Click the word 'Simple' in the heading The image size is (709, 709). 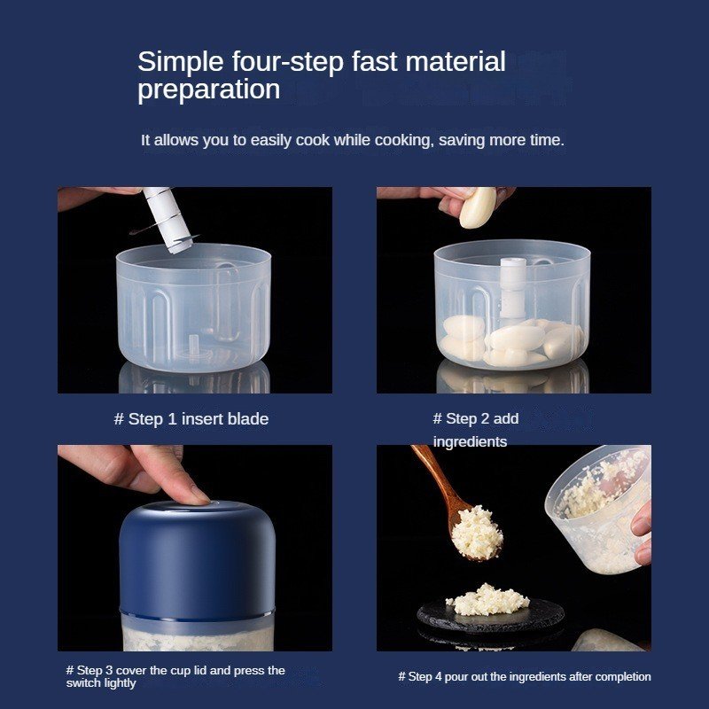click(181, 62)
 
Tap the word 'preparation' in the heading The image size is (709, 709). click(209, 90)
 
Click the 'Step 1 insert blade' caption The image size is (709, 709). click(191, 419)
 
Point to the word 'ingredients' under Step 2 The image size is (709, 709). click(470, 441)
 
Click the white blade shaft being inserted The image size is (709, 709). click(168, 219)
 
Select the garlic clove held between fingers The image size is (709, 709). click(478, 207)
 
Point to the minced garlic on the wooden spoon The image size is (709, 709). click(477, 534)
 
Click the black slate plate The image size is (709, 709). click(491, 615)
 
